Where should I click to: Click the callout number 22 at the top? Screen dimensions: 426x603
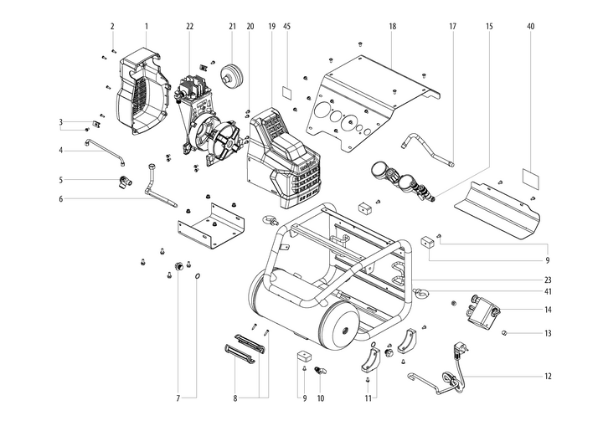click(x=190, y=26)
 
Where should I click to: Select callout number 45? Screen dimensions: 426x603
click(x=286, y=26)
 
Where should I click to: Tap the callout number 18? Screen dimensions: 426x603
click(x=392, y=26)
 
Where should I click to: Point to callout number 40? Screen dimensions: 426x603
click(x=530, y=26)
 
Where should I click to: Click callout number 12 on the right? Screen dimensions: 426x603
click(x=548, y=376)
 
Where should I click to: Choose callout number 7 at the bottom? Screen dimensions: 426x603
click(x=178, y=398)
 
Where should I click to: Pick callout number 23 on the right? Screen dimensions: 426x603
click(x=548, y=280)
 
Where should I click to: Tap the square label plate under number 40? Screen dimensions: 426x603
click(x=530, y=177)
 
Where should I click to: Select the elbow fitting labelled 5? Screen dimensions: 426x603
click(x=123, y=180)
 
